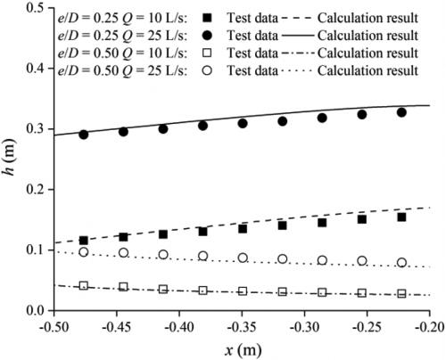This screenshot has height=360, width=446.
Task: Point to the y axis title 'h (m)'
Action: click(10, 160)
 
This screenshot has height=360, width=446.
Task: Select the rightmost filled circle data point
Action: click(401, 112)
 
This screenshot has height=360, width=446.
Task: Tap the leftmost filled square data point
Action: click(84, 241)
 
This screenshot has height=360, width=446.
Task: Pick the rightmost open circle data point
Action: click(401, 263)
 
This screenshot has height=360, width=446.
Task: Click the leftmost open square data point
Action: click(84, 286)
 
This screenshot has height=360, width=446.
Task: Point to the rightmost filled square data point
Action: click(401, 217)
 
